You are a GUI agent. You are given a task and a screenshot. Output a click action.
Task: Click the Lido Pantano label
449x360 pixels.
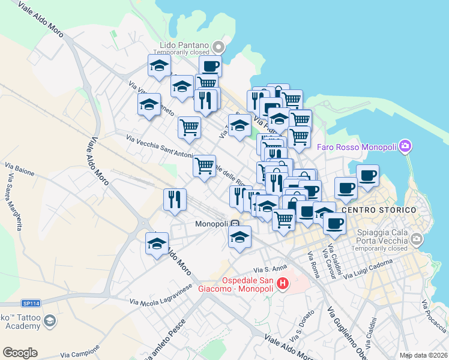pos(184,45)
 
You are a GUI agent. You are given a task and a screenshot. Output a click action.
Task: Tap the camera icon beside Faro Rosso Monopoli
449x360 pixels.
pos(405,146)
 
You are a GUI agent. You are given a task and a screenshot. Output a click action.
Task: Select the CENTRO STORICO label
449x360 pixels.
pos(379,210)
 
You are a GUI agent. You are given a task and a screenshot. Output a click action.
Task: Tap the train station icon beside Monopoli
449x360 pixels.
pos(235,224)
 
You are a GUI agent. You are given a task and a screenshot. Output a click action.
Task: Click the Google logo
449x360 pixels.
pos(20,353)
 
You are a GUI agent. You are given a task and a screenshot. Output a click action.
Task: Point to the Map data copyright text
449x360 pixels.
pos(423,355)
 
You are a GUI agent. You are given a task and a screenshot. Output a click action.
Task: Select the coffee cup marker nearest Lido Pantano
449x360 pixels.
pos(210,66)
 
